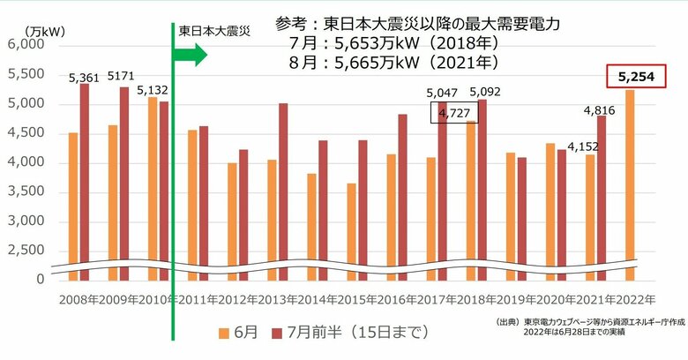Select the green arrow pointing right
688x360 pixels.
189,55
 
